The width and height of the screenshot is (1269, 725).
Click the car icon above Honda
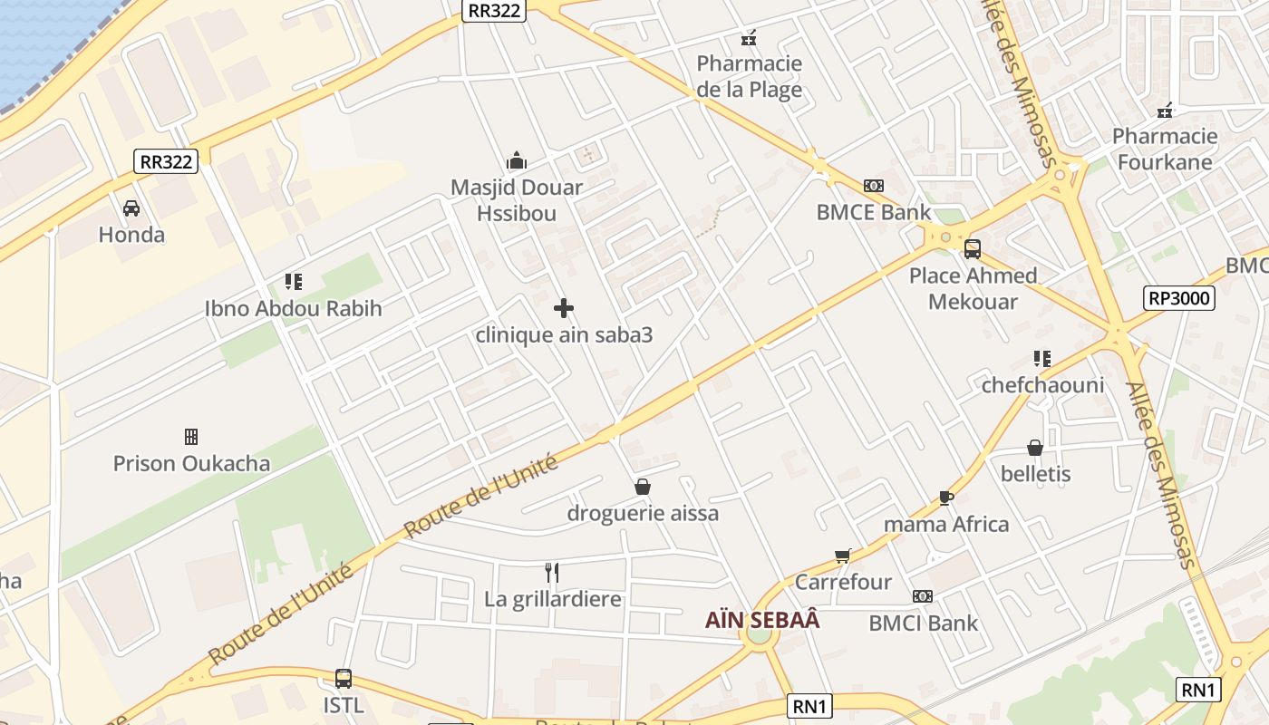(131, 208)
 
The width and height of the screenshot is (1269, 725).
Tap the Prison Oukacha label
(191, 463)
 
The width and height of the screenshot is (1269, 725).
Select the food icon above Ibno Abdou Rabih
(293, 282)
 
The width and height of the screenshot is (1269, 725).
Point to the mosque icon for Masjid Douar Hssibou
(517, 161)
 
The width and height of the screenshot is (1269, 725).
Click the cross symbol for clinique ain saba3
(564, 308)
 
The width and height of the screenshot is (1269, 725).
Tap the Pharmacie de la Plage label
(749, 76)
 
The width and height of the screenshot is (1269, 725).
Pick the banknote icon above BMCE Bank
(874, 186)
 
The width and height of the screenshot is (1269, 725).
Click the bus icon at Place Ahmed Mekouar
(973, 248)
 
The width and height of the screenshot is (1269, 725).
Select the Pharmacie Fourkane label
(1165, 149)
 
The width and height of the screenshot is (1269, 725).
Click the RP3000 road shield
(1178, 298)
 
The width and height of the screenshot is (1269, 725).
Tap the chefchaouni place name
(1042, 385)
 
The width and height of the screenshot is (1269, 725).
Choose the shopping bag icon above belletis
(1035, 448)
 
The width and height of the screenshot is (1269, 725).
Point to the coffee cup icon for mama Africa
(945, 498)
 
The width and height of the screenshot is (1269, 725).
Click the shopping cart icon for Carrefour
(843, 556)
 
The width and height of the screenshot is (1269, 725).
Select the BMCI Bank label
(923, 623)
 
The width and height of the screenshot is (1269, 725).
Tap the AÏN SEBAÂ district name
(762, 620)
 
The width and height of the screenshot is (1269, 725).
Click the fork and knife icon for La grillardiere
(552, 572)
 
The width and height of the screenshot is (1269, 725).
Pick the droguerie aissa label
(643, 513)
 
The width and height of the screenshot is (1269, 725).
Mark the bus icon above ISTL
(344, 679)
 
